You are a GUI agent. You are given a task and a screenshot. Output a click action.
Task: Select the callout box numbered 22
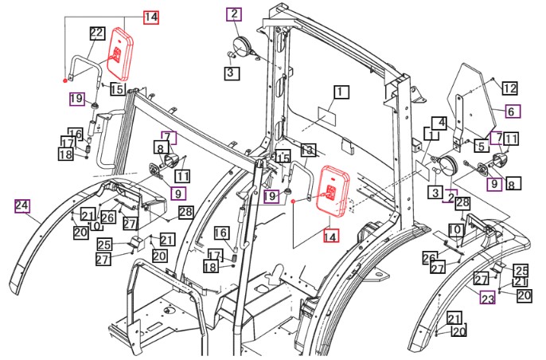click(97, 33)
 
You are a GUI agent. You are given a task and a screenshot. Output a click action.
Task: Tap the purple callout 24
click(22, 206)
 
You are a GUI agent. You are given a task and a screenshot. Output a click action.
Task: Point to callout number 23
click(487, 297)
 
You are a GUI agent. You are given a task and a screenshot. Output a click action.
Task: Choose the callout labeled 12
click(510, 88)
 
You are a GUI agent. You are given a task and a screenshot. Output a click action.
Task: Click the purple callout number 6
click(510, 112)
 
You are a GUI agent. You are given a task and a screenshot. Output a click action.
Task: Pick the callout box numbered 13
click(308, 150)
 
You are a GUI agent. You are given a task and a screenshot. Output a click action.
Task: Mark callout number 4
click(439, 123)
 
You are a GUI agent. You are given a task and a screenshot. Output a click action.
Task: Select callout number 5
click(482, 146)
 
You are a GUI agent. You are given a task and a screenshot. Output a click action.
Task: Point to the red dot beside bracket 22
click(64, 81)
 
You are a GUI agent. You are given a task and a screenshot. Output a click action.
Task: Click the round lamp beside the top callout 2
click(241, 44)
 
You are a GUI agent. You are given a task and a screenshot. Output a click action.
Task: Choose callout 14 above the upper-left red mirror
click(151, 15)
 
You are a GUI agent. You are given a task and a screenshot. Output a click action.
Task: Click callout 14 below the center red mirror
click(330, 235)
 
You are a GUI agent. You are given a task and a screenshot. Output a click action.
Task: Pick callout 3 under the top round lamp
click(230, 72)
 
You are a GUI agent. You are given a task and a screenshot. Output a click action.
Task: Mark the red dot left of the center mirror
click(294, 203)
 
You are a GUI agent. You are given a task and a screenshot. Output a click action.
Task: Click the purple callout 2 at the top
click(233, 14)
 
